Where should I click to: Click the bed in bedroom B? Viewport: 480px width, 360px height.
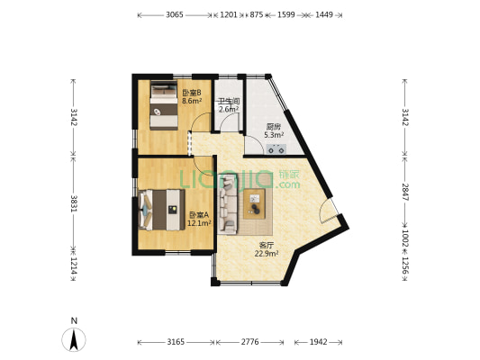[x=163, y=104]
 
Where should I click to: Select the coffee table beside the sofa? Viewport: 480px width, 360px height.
[x=254, y=205]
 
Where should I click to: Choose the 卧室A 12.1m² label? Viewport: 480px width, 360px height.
[x=198, y=219]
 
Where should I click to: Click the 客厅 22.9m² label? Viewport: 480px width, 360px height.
[x=267, y=249]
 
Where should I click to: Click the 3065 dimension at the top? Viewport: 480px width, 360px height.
[x=175, y=15]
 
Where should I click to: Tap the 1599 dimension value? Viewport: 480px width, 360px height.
[x=285, y=15]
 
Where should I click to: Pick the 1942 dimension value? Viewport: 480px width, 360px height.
[x=318, y=343]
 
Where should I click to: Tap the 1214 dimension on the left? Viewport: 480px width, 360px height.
[x=73, y=267]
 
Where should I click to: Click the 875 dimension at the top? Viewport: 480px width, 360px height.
[x=256, y=15]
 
